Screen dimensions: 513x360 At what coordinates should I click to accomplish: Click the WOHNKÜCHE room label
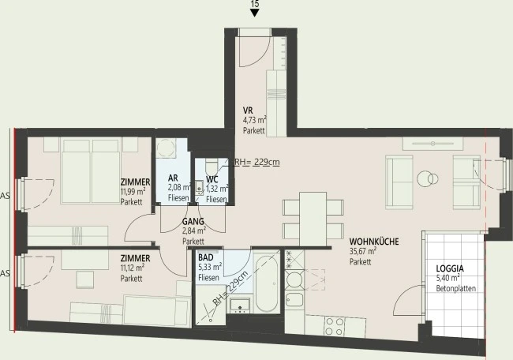pos(374,242)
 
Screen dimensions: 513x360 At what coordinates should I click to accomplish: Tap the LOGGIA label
pos(450,268)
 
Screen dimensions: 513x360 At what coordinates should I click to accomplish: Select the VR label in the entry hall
pos(248,111)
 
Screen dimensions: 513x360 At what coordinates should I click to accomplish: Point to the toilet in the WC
pos(211,167)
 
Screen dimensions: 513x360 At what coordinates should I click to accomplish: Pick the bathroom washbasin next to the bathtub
pos(240,306)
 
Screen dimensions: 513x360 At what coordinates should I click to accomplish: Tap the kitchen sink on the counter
pos(294,299)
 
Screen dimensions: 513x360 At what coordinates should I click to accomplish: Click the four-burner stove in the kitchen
pos(334,326)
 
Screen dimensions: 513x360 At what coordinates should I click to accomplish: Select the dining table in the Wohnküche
pos(313,219)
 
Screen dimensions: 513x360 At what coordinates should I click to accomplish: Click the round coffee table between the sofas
pos(428,178)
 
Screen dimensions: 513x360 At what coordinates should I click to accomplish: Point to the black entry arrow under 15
pos(255,13)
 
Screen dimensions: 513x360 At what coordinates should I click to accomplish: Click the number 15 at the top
pos(255,4)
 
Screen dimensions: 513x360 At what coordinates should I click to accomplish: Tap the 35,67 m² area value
pos(363,251)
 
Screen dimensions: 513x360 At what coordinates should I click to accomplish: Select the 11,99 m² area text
pos(133,192)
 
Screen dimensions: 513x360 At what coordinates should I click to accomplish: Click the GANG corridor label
pos(193,222)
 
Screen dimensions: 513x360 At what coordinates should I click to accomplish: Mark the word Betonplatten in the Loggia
pos(455,289)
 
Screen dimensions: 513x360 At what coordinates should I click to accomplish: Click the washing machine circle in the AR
pos(165,148)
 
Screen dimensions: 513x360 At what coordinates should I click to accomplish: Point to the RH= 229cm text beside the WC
pos(256,163)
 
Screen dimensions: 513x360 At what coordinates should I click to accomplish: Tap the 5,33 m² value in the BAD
pos(210,267)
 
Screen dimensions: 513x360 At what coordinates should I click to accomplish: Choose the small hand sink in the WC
pos(199,188)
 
